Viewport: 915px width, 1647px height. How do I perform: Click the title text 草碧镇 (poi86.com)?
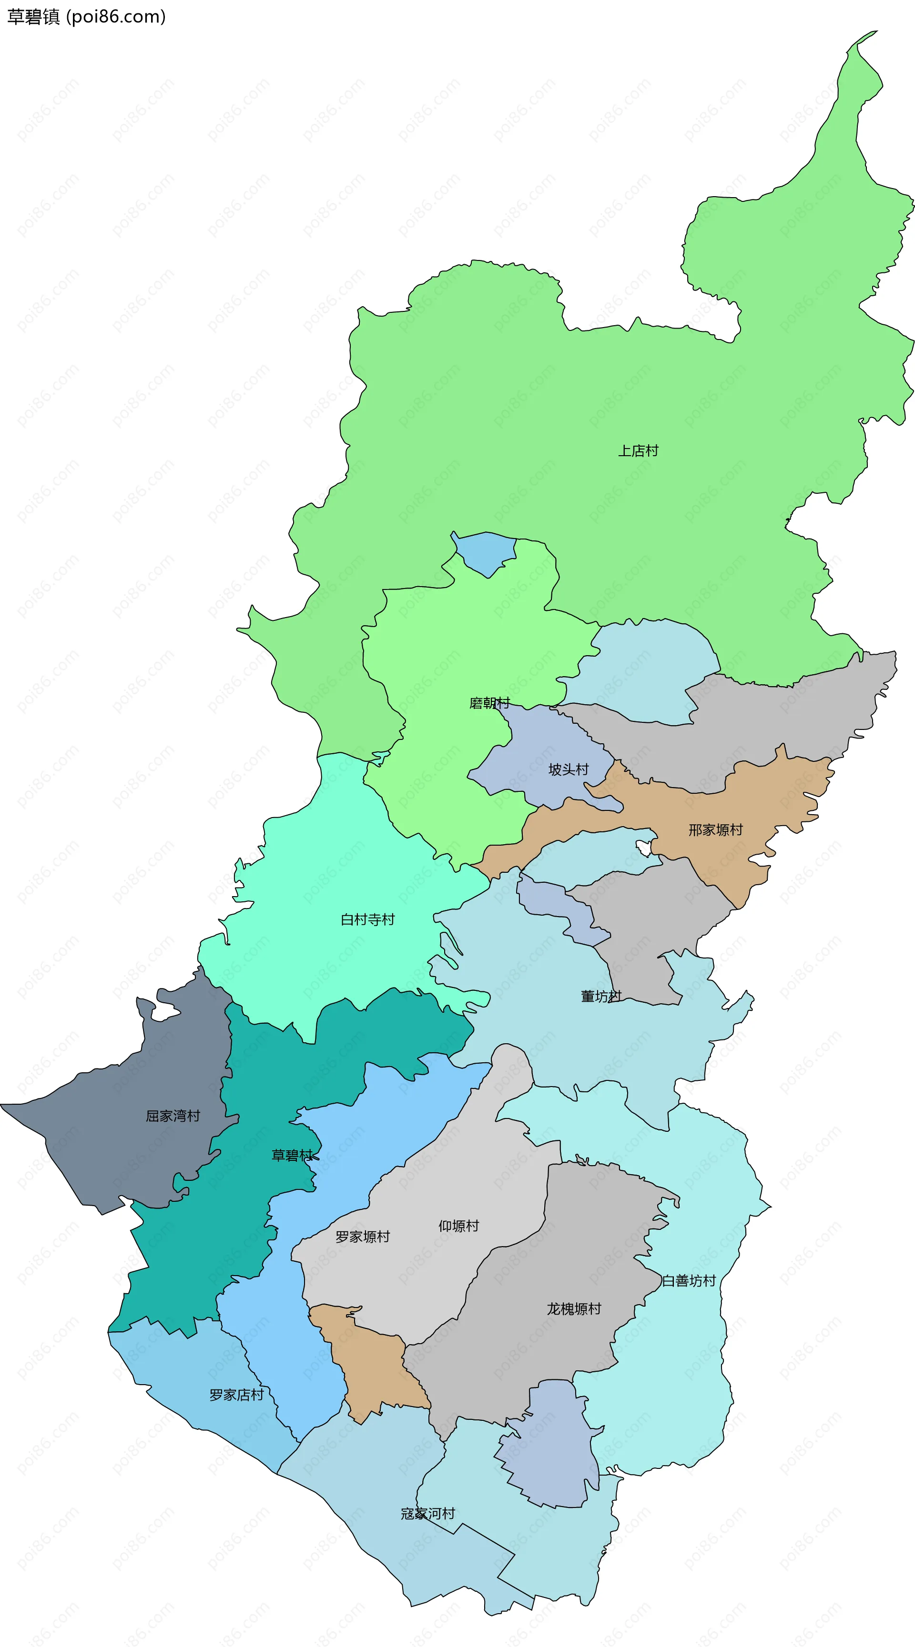86,17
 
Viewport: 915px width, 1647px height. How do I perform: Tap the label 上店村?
638,451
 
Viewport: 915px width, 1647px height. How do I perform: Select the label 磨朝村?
489,703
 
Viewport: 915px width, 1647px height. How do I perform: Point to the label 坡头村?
568,769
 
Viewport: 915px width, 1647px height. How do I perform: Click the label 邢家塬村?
715,830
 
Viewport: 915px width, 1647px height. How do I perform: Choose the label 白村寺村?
367,919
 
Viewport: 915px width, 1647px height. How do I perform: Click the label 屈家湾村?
173,1116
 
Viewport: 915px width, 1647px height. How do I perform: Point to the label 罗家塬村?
362,1237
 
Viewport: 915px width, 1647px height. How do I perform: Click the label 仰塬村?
458,1226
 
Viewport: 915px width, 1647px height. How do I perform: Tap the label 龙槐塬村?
574,1309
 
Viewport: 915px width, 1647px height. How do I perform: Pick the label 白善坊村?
689,1281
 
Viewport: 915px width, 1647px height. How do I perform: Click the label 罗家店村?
237,1395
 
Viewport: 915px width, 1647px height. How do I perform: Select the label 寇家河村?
427,1513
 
